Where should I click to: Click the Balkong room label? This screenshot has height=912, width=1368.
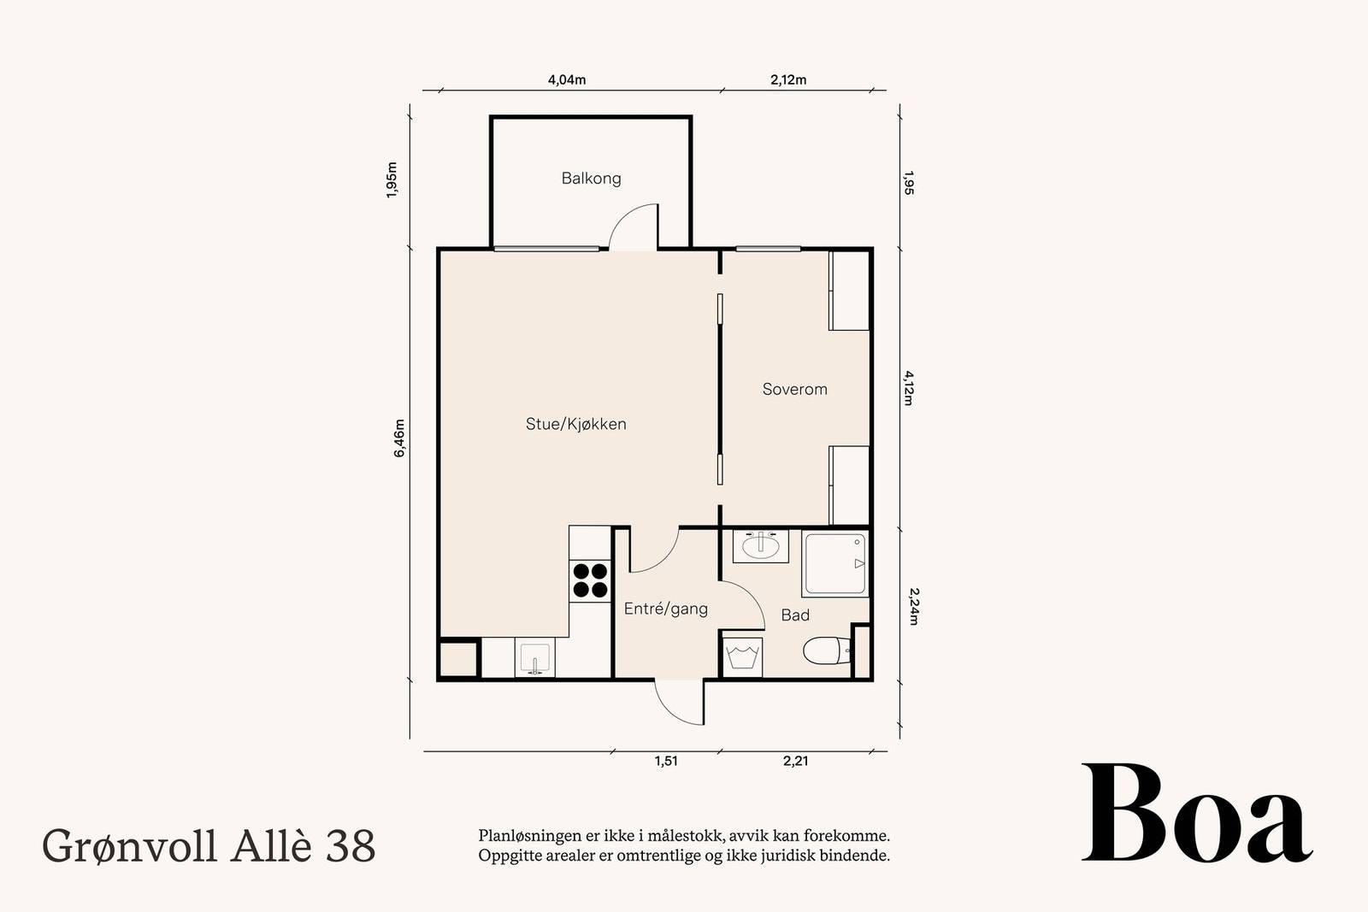pyautogui.click(x=591, y=179)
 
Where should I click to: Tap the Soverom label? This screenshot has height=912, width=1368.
pyautogui.click(x=794, y=390)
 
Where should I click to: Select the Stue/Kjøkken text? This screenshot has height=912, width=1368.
pyautogui.click(x=575, y=424)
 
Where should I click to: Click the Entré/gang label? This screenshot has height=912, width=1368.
pyautogui.click(x=665, y=609)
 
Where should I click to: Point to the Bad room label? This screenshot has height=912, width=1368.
pyautogui.click(x=795, y=615)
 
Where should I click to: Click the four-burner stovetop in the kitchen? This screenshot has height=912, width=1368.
pyautogui.click(x=590, y=580)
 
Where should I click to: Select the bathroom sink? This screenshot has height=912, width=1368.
pyautogui.click(x=760, y=545)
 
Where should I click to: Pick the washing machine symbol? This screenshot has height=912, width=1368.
pyautogui.click(x=743, y=656)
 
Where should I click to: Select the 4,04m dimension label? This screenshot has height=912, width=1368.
pyautogui.click(x=567, y=80)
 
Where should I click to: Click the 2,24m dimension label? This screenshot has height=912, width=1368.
pyautogui.click(x=912, y=605)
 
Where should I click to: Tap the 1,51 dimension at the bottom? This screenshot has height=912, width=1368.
pyautogui.click(x=666, y=761)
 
